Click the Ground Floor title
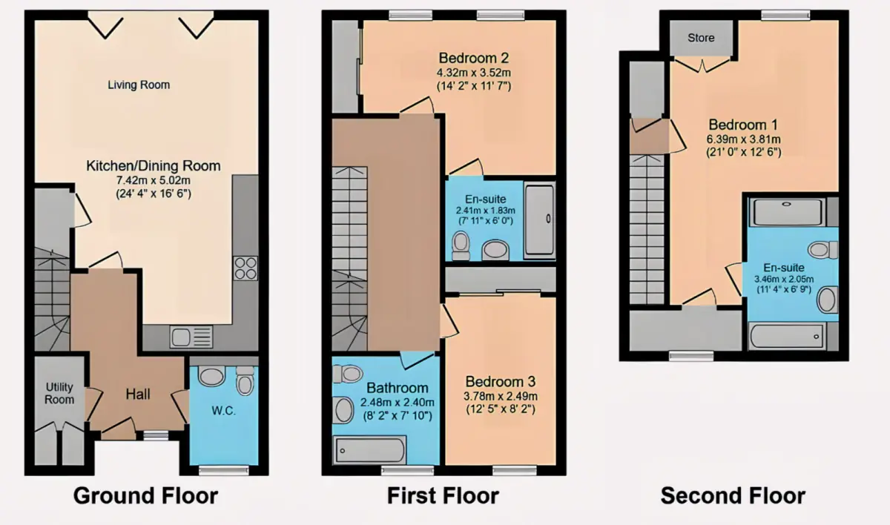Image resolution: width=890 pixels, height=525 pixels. (x=145, y=496)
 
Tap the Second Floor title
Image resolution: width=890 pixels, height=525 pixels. (x=733, y=496)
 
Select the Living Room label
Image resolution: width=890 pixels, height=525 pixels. (x=139, y=85)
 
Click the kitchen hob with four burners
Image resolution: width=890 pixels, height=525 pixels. (x=245, y=268)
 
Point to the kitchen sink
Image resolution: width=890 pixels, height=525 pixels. (x=191, y=337)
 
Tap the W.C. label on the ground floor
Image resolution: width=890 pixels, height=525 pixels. (x=224, y=411)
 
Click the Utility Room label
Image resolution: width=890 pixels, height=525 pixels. (x=59, y=393)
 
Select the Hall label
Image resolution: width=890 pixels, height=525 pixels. (x=138, y=394)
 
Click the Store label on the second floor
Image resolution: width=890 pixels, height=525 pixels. (x=701, y=38)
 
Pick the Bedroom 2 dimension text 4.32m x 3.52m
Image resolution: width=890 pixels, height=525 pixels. (x=474, y=73)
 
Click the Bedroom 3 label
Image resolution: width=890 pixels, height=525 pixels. (x=501, y=382)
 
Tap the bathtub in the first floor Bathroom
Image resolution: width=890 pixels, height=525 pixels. (x=370, y=450)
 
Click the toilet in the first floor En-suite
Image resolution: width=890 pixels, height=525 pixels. (x=461, y=246)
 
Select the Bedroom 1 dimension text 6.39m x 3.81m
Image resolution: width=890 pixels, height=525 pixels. (x=743, y=139)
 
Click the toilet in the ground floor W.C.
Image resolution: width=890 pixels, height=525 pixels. (x=245, y=380)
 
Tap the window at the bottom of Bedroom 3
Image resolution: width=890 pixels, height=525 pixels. (x=515, y=471)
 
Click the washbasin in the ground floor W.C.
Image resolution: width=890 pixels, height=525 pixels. (x=211, y=376)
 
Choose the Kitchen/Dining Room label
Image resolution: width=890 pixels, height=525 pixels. (x=154, y=165)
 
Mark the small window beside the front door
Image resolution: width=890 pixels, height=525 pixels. (x=156, y=436)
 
